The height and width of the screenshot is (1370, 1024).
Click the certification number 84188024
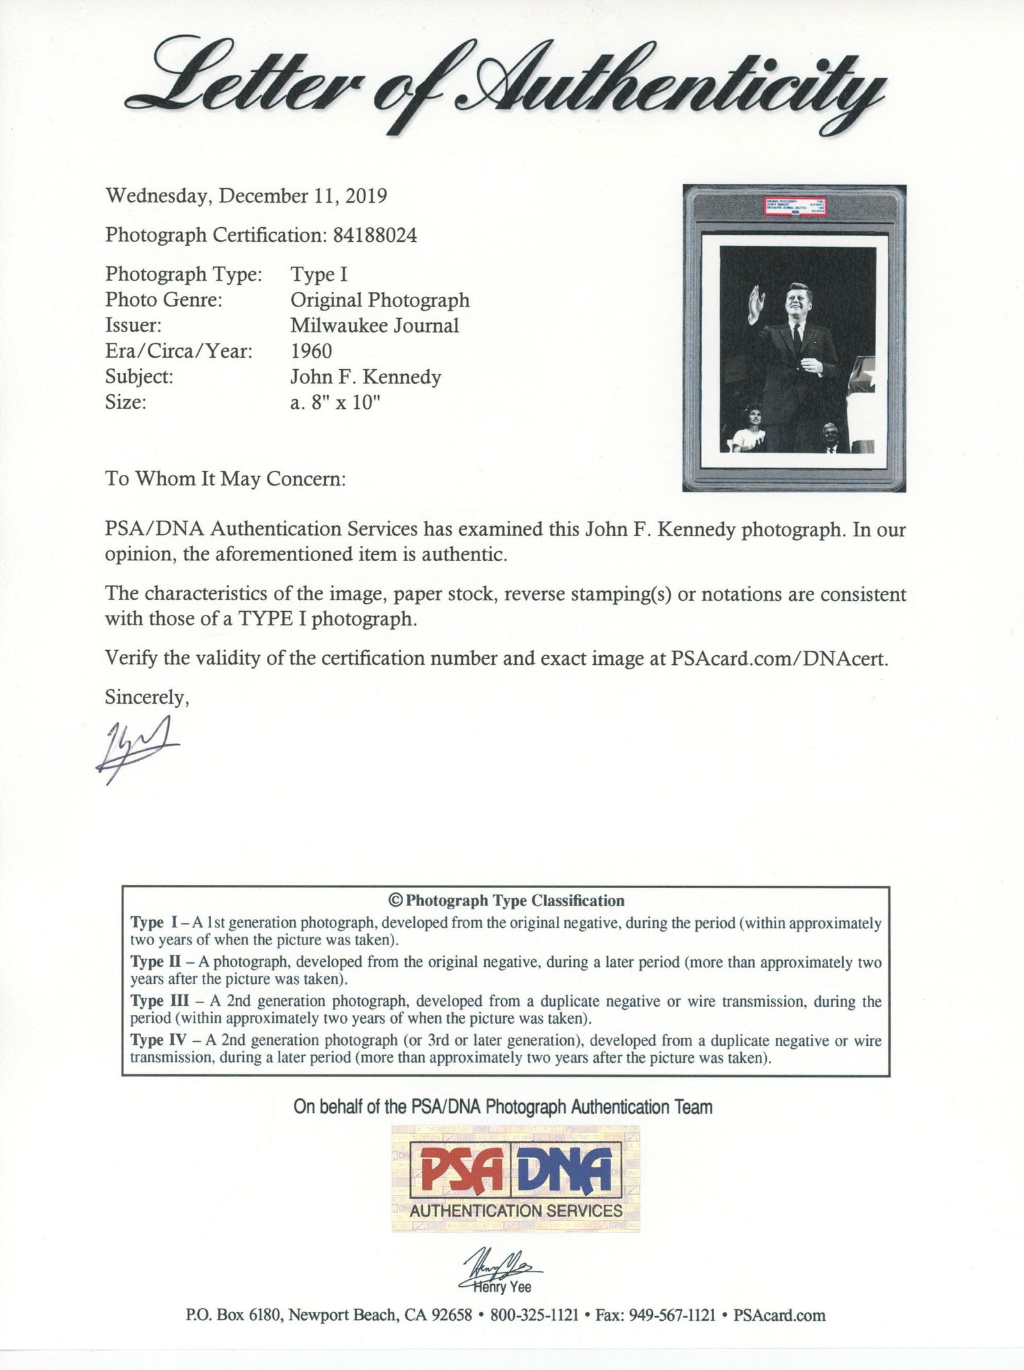375,235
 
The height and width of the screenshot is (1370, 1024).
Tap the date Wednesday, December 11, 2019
246,196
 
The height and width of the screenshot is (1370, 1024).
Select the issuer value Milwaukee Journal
374,326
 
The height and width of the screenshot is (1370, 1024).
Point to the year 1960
311,351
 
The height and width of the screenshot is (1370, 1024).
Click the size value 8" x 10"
343,403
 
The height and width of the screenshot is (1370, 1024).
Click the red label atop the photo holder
794,208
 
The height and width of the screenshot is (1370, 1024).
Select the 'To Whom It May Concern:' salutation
225,479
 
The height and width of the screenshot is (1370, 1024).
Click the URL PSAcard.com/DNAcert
779,659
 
